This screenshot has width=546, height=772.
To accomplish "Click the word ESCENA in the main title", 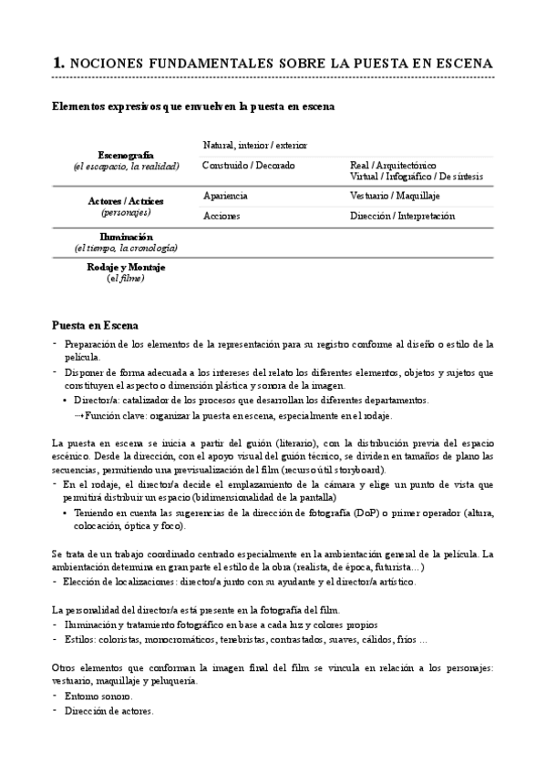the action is (x=465, y=63).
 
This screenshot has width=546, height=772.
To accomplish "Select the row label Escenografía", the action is (x=126, y=155).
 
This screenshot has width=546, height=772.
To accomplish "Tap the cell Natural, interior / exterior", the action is (x=255, y=145).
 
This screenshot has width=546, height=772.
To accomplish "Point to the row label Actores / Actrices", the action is (x=126, y=200).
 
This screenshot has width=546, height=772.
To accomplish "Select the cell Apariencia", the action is (x=225, y=196).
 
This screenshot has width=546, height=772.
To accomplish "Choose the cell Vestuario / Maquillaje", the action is (x=395, y=196).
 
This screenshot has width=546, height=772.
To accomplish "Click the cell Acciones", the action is (x=221, y=217).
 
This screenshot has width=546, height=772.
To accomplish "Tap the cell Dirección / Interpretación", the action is (x=402, y=217).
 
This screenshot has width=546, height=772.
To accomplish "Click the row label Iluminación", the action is (x=126, y=237).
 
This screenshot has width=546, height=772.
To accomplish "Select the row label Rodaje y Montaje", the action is (x=126, y=268).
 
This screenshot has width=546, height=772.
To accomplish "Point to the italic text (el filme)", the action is (x=126, y=279).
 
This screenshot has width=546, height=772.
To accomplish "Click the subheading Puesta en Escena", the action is (x=96, y=325).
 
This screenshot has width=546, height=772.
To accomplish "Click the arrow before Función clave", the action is (x=79, y=415).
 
